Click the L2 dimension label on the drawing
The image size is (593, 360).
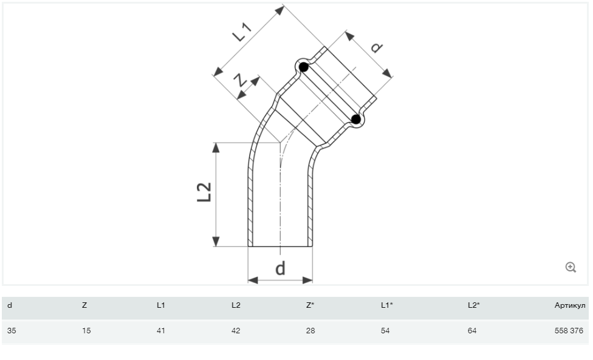205,193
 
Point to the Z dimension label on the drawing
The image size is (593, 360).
240,79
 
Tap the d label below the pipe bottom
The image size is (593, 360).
280,268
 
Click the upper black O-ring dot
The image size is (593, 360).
304,68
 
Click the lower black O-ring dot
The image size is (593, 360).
357,120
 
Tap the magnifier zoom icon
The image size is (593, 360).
571,267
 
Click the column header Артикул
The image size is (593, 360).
570,305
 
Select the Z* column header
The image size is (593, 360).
310,305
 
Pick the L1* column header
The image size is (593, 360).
386,305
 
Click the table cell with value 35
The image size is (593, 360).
12,331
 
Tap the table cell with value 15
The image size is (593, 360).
86,331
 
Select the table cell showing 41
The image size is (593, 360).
161,331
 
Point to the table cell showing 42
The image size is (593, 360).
236,331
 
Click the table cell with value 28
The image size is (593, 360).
310,331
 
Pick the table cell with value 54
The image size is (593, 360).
385,331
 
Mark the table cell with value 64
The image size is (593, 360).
473,331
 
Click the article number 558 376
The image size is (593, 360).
570,331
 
